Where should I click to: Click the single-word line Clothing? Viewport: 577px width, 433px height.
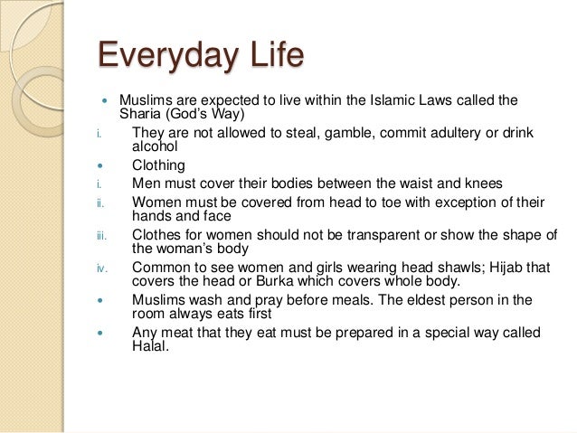158,165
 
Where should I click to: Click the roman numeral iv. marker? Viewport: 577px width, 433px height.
103,268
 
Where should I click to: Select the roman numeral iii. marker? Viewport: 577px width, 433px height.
102,236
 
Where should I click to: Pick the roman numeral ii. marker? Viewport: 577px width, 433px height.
101,202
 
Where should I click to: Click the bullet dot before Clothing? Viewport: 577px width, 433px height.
101,165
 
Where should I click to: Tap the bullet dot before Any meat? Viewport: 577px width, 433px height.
101,333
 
